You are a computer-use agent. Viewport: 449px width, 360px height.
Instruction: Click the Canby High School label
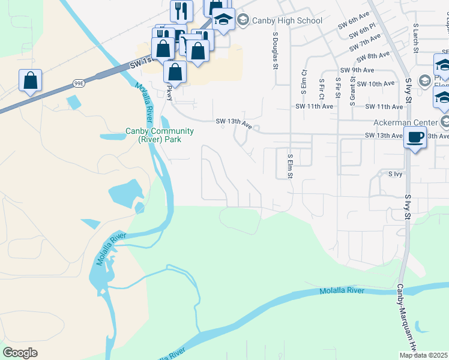point(287,21)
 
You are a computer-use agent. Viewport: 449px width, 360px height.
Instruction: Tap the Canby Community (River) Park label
point(159,135)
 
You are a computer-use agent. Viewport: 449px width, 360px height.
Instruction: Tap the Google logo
point(20,353)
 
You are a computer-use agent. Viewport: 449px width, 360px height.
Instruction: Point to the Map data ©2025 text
point(423,355)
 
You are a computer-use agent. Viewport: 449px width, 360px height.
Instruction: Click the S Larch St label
point(415,37)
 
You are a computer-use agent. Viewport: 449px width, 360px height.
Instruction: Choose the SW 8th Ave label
point(373,56)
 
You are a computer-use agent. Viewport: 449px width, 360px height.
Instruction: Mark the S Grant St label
point(352,86)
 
